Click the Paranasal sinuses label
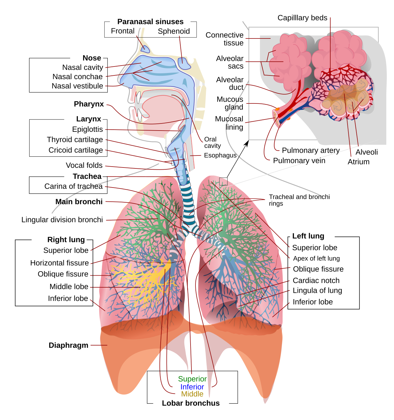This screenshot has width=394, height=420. [150, 22]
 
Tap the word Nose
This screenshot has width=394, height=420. [92, 58]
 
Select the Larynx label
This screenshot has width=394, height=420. [89, 119]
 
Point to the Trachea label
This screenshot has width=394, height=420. [87, 176]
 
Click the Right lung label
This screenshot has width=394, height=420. [66, 240]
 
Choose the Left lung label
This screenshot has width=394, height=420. [308, 236]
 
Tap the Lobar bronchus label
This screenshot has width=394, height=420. [191, 403]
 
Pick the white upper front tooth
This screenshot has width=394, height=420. [139, 98]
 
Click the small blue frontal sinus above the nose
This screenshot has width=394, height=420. [145, 49]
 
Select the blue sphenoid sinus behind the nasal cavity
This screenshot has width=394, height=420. [184, 63]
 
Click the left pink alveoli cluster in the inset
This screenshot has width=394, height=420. [289, 62]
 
